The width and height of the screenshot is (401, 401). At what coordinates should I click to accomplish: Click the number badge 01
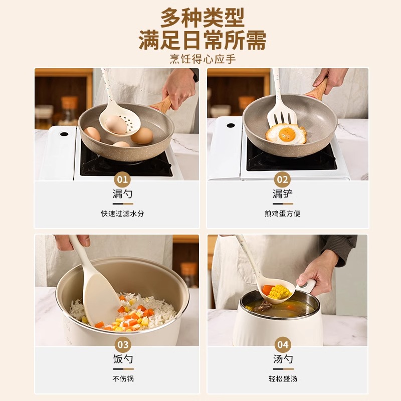coord(123,179)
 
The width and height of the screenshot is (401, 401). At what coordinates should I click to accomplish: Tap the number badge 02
coord(283,179)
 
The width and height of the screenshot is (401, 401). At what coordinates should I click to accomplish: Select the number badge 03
coord(123,345)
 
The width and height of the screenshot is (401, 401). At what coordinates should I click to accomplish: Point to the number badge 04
coord(283,345)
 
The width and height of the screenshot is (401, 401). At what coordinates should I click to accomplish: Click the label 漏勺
coord(123,194)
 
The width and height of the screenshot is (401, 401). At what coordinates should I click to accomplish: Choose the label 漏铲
coord(283,194)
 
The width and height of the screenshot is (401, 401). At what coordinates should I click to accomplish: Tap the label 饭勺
coord(123,359)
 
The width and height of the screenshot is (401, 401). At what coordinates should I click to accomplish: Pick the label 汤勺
coord(283,359)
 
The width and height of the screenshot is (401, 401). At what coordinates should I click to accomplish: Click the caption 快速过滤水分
coord(123,214)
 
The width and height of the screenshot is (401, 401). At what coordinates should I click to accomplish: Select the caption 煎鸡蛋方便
coord(283,214)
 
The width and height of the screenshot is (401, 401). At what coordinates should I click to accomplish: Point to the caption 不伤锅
coord(123,379)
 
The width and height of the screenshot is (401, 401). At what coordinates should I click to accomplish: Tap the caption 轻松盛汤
coord(283,379)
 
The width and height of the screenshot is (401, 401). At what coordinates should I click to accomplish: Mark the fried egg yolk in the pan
coord(287,133)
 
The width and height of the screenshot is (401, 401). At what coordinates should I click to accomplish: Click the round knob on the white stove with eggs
coord(64,134)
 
